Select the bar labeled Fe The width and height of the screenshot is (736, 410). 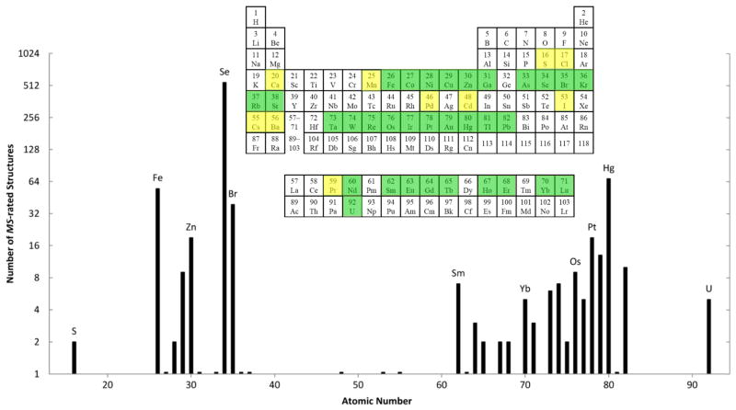click(x=157, y=280)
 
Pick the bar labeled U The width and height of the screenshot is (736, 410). click(x=708, y=336)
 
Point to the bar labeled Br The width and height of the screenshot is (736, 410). click(x=233, y=289)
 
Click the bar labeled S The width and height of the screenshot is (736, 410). click(x=75, y=358)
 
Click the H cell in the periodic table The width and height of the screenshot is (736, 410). click(x=256, y=17)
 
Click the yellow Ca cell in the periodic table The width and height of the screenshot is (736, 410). click(x=275, y=79)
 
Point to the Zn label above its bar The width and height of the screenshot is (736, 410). click(x=190, y=226)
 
